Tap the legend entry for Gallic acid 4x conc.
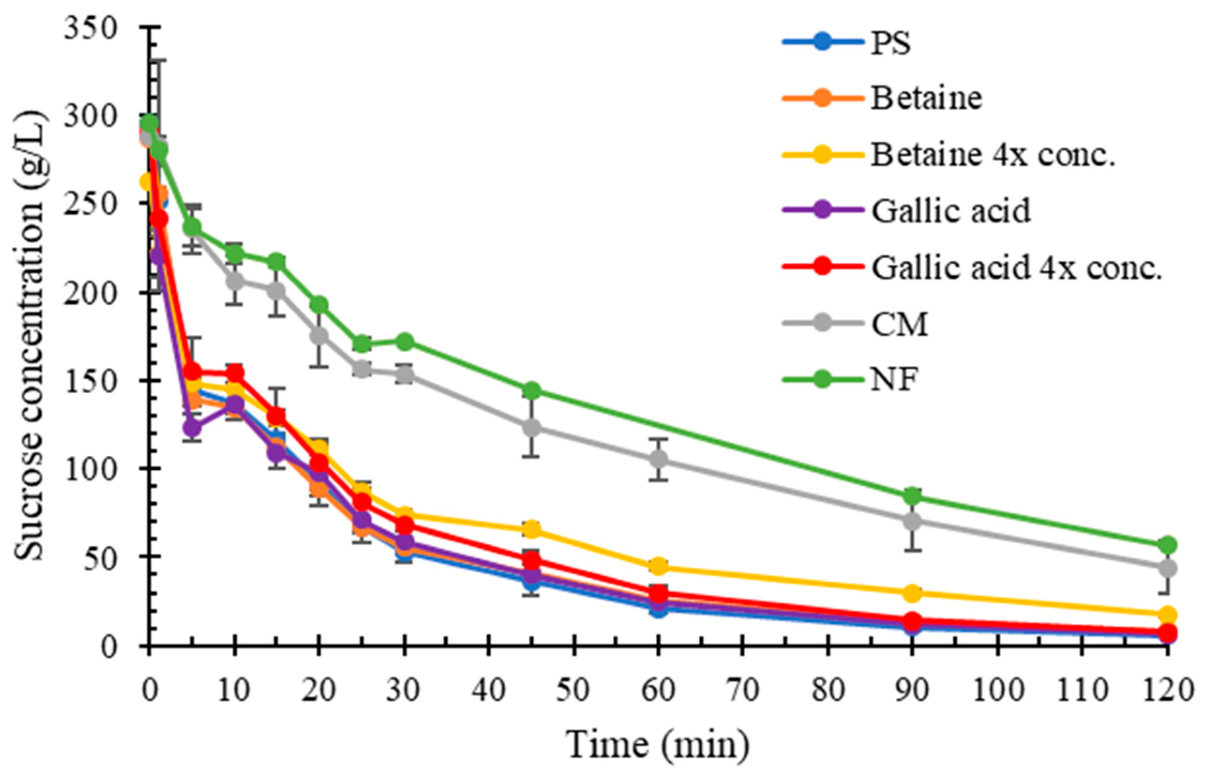1016,268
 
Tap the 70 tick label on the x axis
742,689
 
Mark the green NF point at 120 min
1167,545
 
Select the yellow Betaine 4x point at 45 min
531,529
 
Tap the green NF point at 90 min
912,496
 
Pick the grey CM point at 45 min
531,427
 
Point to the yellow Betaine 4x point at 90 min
912,593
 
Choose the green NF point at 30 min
405,342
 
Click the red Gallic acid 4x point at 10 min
234,373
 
